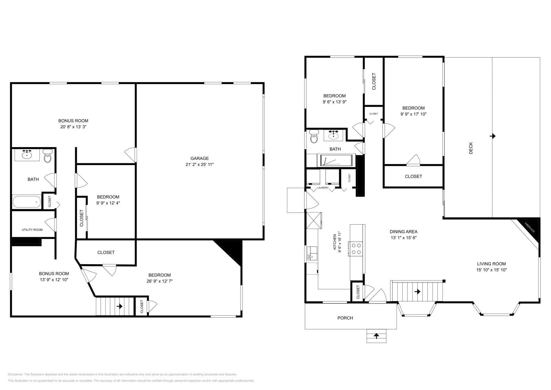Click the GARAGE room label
[x=199, y=158]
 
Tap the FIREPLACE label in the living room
[x=530, y=228]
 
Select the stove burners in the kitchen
[x=356, y=249]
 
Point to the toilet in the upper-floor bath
[x=314, y=137]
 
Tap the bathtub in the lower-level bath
[x=27, y=202]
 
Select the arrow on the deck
[x=493, y=136]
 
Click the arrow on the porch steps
[x=376, y=335]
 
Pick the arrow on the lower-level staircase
[x=120, y=306]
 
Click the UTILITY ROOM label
[x=32, y=230]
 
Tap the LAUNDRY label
[x=323, y=188]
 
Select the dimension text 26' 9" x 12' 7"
[x=159, y=281]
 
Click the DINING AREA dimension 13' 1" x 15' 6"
[x=404, y=238]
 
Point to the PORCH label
[x=345, y=318]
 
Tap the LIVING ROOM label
[x=491, y=264]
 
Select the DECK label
[x=471, y=148]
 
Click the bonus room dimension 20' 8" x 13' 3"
[x=73, y=127]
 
